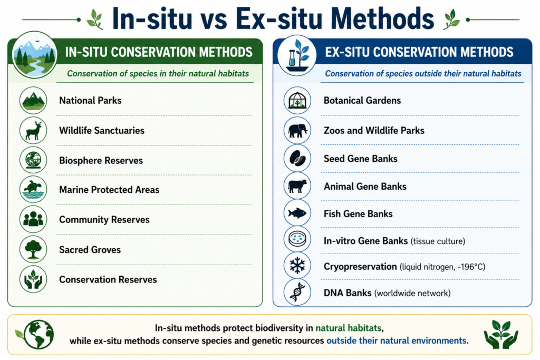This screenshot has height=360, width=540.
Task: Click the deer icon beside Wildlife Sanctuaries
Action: point(33,130)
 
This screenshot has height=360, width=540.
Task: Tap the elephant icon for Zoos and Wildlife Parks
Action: point(297,130)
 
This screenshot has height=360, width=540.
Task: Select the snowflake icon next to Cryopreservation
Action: point(297,266)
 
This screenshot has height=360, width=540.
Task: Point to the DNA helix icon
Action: point(297,292)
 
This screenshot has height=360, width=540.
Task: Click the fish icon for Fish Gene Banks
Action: point(297,213)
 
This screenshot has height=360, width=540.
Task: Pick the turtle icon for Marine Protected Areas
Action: point(33,189)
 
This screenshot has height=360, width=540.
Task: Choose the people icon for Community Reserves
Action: point(33,219)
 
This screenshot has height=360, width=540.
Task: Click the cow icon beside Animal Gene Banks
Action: point(297,186)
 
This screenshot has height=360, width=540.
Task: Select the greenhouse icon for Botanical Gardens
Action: point(297,101)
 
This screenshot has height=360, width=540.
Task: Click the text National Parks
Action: point(90,101)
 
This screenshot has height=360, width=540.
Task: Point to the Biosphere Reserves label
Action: point(101,160)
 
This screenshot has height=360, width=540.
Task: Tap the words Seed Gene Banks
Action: point(360,159)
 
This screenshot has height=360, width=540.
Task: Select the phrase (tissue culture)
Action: point(438,241)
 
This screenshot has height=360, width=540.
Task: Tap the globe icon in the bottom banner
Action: point(39,335)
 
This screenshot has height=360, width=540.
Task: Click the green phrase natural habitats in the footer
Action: point(348,328)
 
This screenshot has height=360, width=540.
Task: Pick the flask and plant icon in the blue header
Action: point(297,55)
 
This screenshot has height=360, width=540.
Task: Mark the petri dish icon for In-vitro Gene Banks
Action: point(297,239)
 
